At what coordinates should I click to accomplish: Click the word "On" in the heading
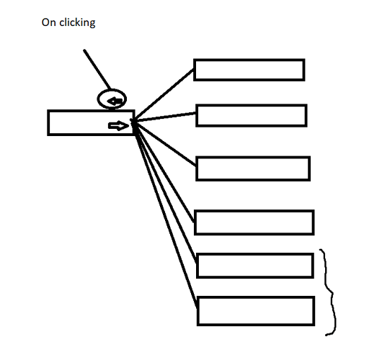(49, 22)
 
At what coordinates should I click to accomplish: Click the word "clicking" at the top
(77, 22)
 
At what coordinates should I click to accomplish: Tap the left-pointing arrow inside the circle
(115, 101)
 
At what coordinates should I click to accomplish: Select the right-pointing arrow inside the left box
(118, 126)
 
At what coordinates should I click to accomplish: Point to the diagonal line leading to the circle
(97, 69)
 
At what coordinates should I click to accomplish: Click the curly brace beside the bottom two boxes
(332, 292)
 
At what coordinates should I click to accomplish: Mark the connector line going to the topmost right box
(163, 95)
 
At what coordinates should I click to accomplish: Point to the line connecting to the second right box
(164, 117)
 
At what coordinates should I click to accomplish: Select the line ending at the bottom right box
(165, 214)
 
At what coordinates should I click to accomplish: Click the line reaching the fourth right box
(164, 171)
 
